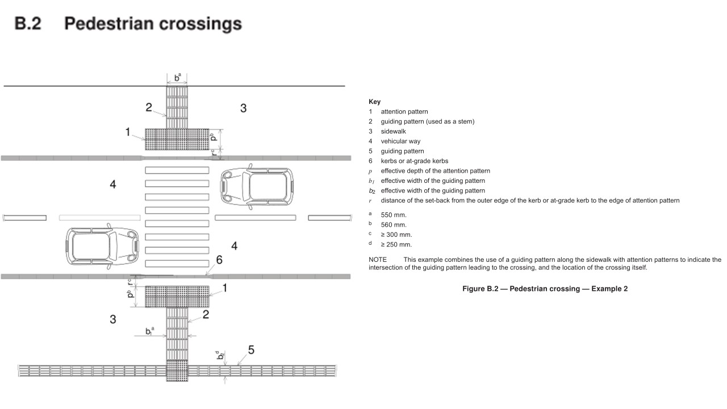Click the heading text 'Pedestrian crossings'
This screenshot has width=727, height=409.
click(153, 24)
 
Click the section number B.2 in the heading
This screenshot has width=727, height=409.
click(28, 24)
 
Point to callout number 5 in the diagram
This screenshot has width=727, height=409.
click(250, 350)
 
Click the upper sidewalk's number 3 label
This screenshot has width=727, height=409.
click(243, 108)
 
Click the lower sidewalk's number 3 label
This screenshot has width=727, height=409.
click(113, 319)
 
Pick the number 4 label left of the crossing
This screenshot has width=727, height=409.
click(113, 184)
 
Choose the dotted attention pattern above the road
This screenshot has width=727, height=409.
click(177, 139)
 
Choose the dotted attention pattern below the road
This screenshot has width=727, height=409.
click(177, 297)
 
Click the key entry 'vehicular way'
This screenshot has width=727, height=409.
click(400, 141)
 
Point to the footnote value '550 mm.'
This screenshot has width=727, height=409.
click(394, 215)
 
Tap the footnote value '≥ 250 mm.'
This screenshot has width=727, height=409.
click(396, 245)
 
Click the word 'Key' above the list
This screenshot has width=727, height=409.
click(374, 102)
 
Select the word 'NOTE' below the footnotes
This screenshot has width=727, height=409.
click(378, 259)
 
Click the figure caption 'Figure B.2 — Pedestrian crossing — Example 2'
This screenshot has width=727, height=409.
click(545, 289)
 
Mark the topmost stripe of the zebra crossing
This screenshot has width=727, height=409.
click(177, 170)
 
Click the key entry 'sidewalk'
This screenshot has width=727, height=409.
click(393, 131)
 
